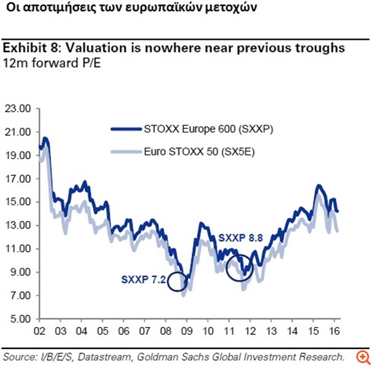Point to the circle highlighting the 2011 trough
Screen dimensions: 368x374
tap(239, 267)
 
